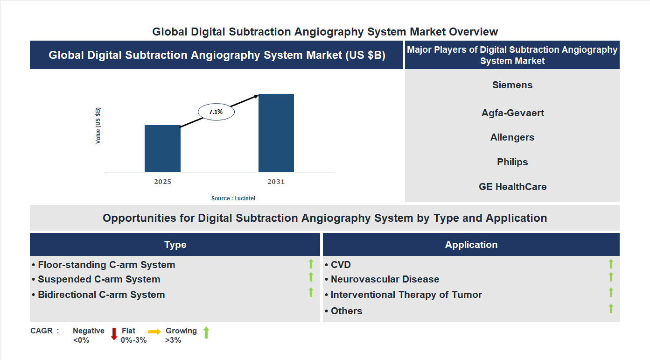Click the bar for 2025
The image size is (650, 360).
tap(162, 148)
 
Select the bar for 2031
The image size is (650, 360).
tap(276, 133)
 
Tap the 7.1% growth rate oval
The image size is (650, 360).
tap(216, 112)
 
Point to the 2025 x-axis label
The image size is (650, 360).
tap(162, 182)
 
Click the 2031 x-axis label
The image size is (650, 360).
tap(276, 182)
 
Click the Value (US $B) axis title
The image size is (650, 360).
tap(98, 126)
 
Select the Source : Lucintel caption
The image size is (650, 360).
tap(233, 198)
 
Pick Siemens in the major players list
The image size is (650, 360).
tap(512, 85)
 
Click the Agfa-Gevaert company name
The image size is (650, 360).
tap(512, 113)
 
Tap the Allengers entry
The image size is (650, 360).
tap(512, 137)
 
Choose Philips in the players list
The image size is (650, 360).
tap(512, 162)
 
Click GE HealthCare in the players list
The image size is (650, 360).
tap(512, 187)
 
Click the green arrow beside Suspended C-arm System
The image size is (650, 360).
tap(311, 277)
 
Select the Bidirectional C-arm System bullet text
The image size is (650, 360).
tap(101, 295)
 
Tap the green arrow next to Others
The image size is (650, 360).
tap(611, 309)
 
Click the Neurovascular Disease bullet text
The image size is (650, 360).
tap(385, 279)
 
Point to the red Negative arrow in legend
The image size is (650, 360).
tap(114, 334)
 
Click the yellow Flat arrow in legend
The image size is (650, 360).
tap(154, 331)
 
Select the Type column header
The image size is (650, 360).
tap(175, 245)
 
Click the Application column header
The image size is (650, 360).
tap(471, 245)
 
